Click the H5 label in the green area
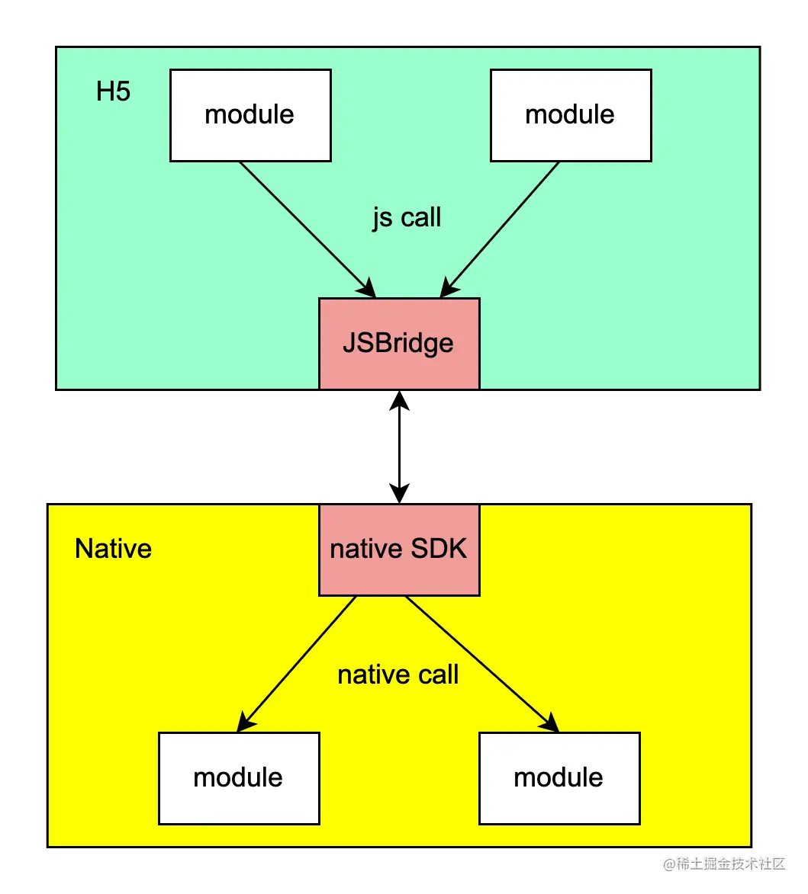pyautogui.click(x=113, y=91)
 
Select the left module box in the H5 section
pyautogui.click(x=249, y=115)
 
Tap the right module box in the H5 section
pyautogui.click(x=570, y=115)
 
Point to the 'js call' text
pyautogui.click(x=406, y=218)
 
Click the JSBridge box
pyautogui.click(x=398, y=343)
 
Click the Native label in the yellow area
pyautogui.click(x=113, y=549)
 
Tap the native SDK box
pyautogui.click(x=398, y=549)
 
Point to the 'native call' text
pyautogui.click(x=398, y=675)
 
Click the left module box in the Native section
pyautogui.click(x=238, y=777)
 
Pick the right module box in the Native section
pyautogui.click(x=559, y=777)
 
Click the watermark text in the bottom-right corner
pyautogui.click(x=723, y=863)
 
